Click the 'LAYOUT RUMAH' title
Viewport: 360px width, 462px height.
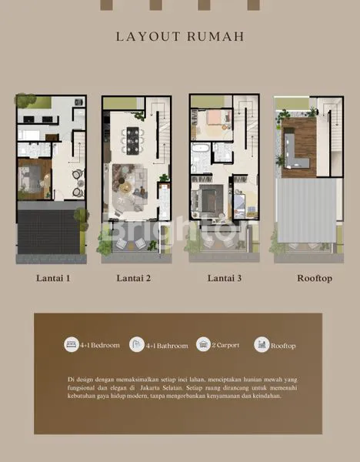tap(180, 36)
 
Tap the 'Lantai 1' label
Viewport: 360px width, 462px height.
tap(52, 278)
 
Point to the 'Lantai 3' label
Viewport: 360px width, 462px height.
tap(224, 278)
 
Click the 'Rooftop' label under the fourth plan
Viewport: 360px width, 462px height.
tap(315, 278)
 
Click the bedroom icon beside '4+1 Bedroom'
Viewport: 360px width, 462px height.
tap(71, 344)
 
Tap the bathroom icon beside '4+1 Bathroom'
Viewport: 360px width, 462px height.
tap(137, 344)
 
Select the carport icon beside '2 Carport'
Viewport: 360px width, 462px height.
tap(203, 344)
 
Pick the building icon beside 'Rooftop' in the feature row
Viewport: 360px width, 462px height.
tap(262, 344)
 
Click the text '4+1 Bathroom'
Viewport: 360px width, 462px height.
tap(168, 346)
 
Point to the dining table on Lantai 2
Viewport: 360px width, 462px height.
tap(132, 143)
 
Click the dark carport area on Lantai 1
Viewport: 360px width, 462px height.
tap(48, 232)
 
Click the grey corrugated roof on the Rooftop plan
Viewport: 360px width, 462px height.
tap(306, 209)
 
